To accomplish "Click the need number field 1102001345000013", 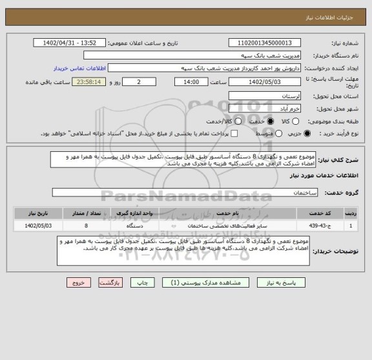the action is pos(264,43).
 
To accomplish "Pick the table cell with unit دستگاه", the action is pos(140,226).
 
